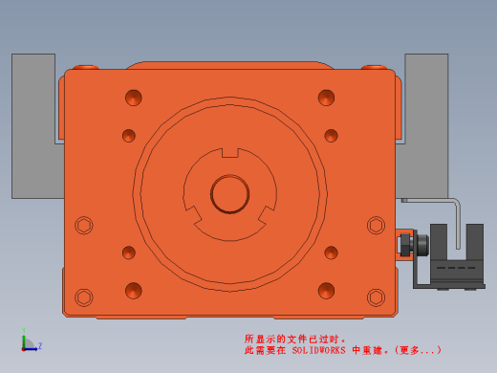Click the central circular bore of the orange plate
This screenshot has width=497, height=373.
coord(229,194)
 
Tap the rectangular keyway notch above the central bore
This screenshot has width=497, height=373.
coord(230,153)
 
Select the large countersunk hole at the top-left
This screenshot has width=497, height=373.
coord(134,98)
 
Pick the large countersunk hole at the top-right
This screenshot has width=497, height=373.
coord(326,98)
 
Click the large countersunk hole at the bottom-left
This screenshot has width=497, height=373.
coord(134,291)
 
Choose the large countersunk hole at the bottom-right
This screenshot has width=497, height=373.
coord(326,291)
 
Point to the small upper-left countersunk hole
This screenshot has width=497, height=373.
coord(129,136)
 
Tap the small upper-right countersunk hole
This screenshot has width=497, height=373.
coord(331,136)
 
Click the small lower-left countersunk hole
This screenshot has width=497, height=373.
coord(129,252)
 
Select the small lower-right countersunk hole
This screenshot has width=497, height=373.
coord(331,252)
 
